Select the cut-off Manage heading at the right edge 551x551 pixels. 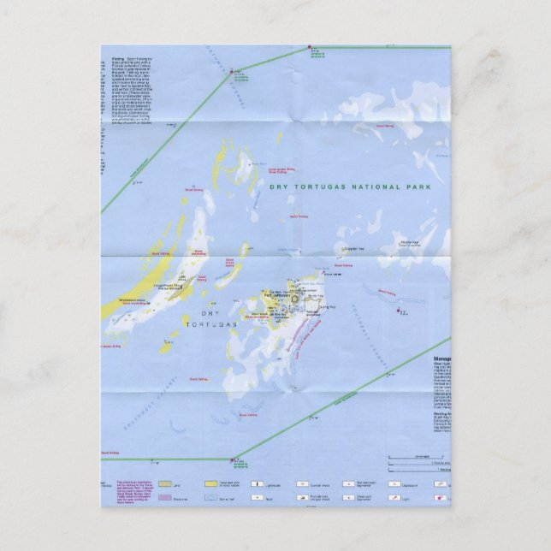click(x=441, y=359)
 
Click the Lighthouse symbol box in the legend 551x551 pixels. click(x=256, y=484)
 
